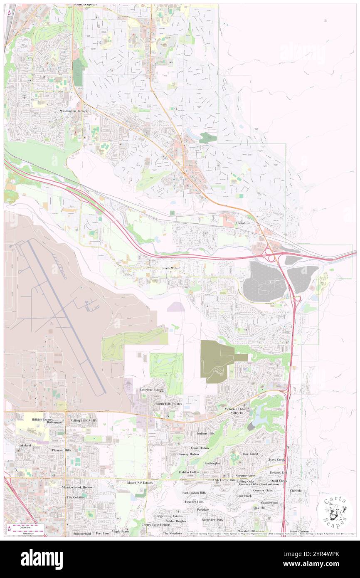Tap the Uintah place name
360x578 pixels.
241,223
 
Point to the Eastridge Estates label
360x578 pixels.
151,390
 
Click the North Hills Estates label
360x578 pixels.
169,404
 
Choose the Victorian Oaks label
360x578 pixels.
236,409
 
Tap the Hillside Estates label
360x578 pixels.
42,420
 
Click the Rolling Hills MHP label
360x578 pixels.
83,420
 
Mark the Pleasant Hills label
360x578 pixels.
62,450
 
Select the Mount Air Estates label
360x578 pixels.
139,483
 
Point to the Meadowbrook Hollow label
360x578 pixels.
77,487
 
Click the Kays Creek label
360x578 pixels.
277,459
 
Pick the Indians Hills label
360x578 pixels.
205,433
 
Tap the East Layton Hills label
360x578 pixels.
194,493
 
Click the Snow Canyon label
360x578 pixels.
299,531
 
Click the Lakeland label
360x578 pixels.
25,445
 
